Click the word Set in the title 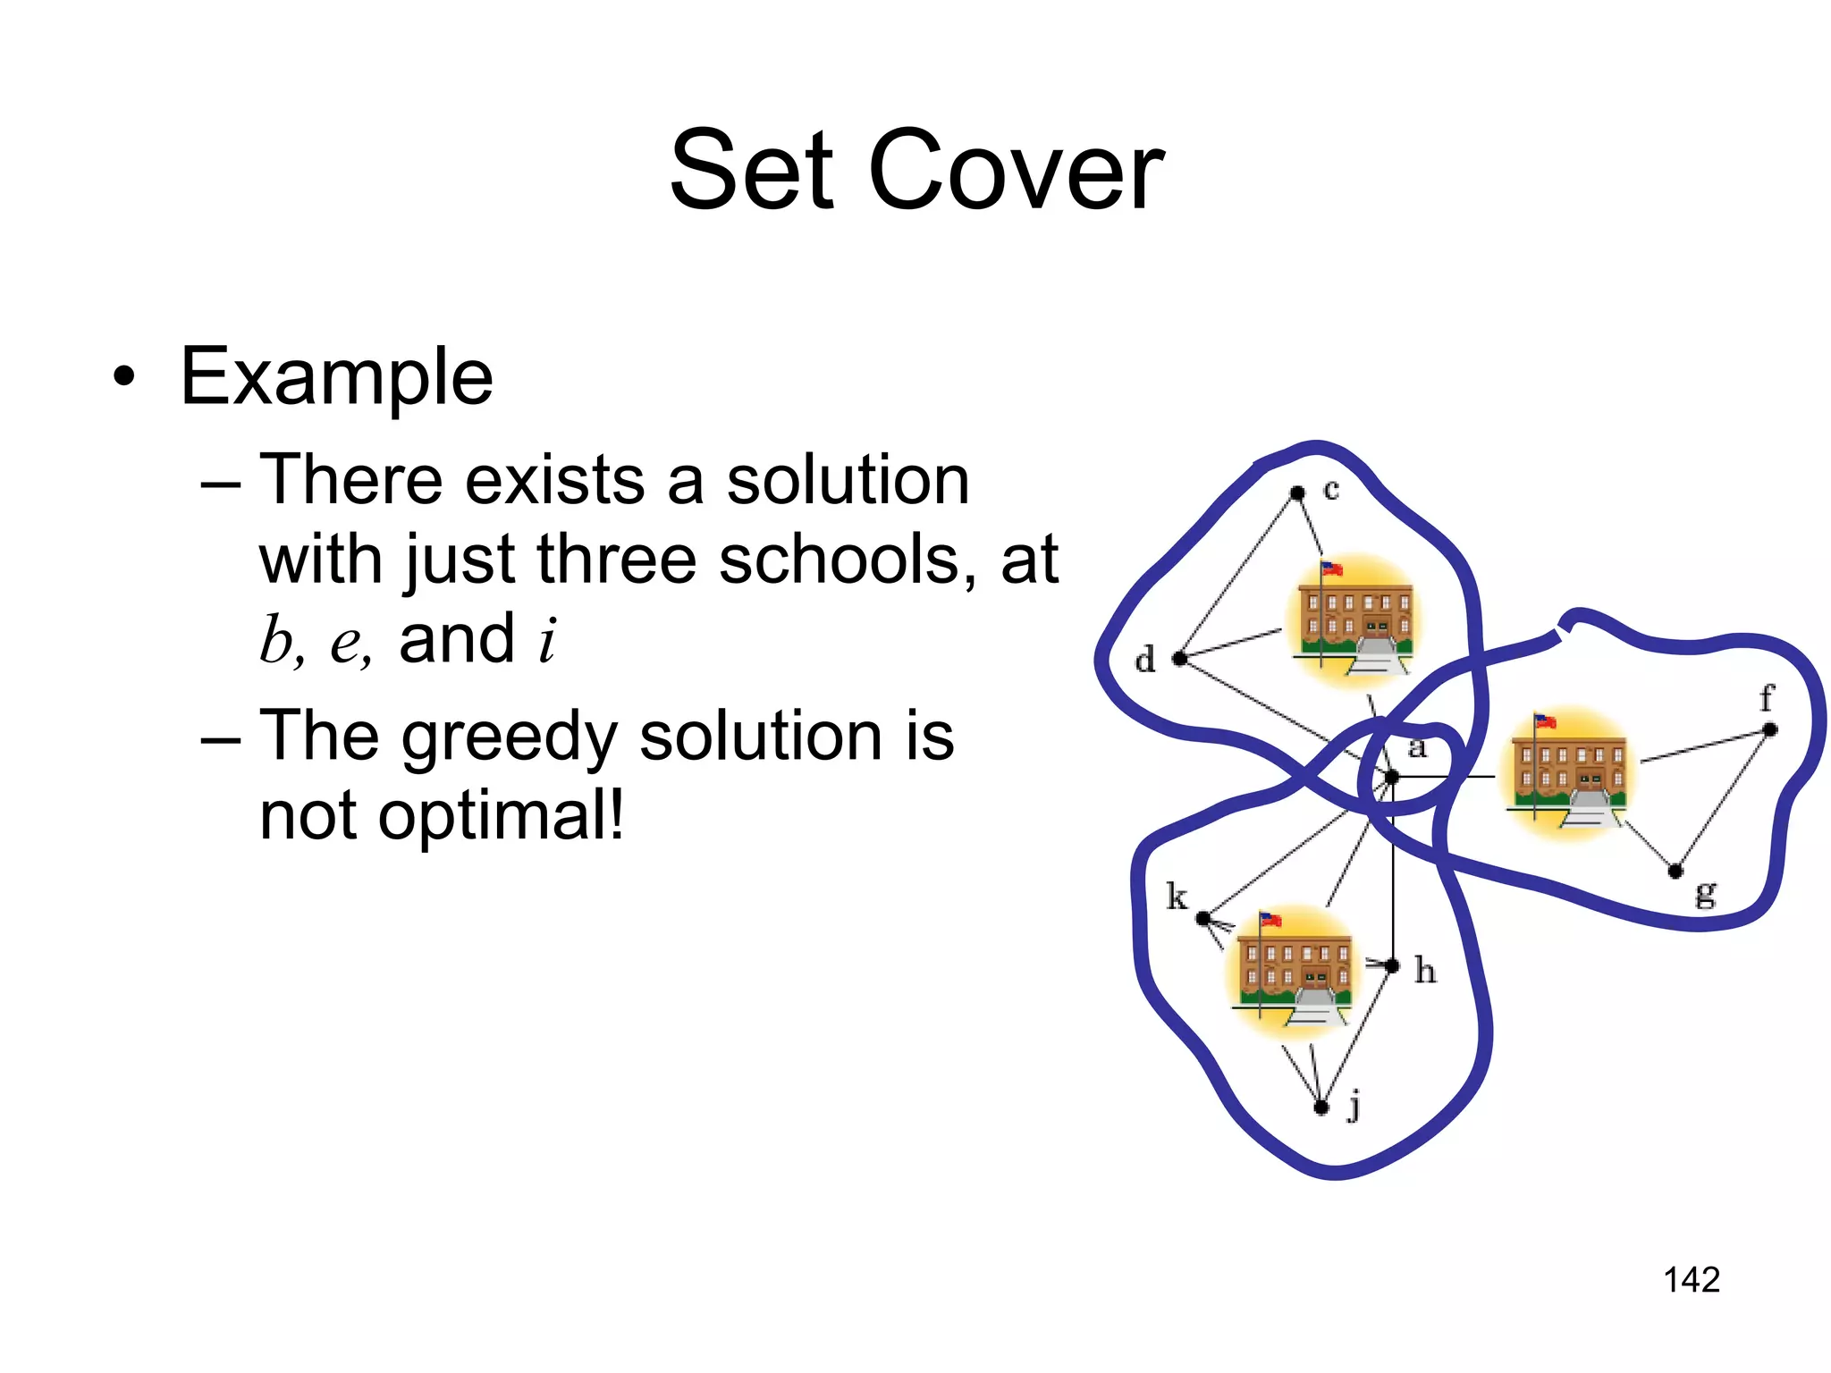(751, 170)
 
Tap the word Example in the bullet (336, 377)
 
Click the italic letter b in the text (278, 640)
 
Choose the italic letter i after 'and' (547, 640)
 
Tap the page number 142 (1691, 1279)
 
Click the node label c (1331, 490)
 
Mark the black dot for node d (1179, 659)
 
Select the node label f (1766, 697)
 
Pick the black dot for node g (1676, 871)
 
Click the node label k (1177, 896)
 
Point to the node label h (1425, 970)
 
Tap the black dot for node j (1321, 1108)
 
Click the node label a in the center (1417, 747)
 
